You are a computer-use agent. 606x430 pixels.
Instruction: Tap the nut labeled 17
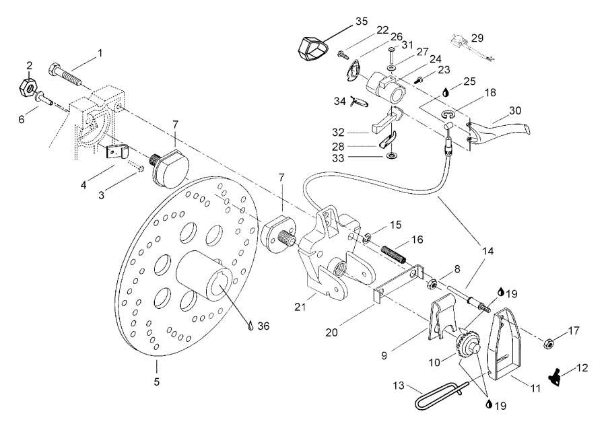[548, 344]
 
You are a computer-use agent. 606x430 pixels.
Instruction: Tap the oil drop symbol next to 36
[250, 325]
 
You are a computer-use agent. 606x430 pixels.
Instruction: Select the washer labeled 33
[391, 157]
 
